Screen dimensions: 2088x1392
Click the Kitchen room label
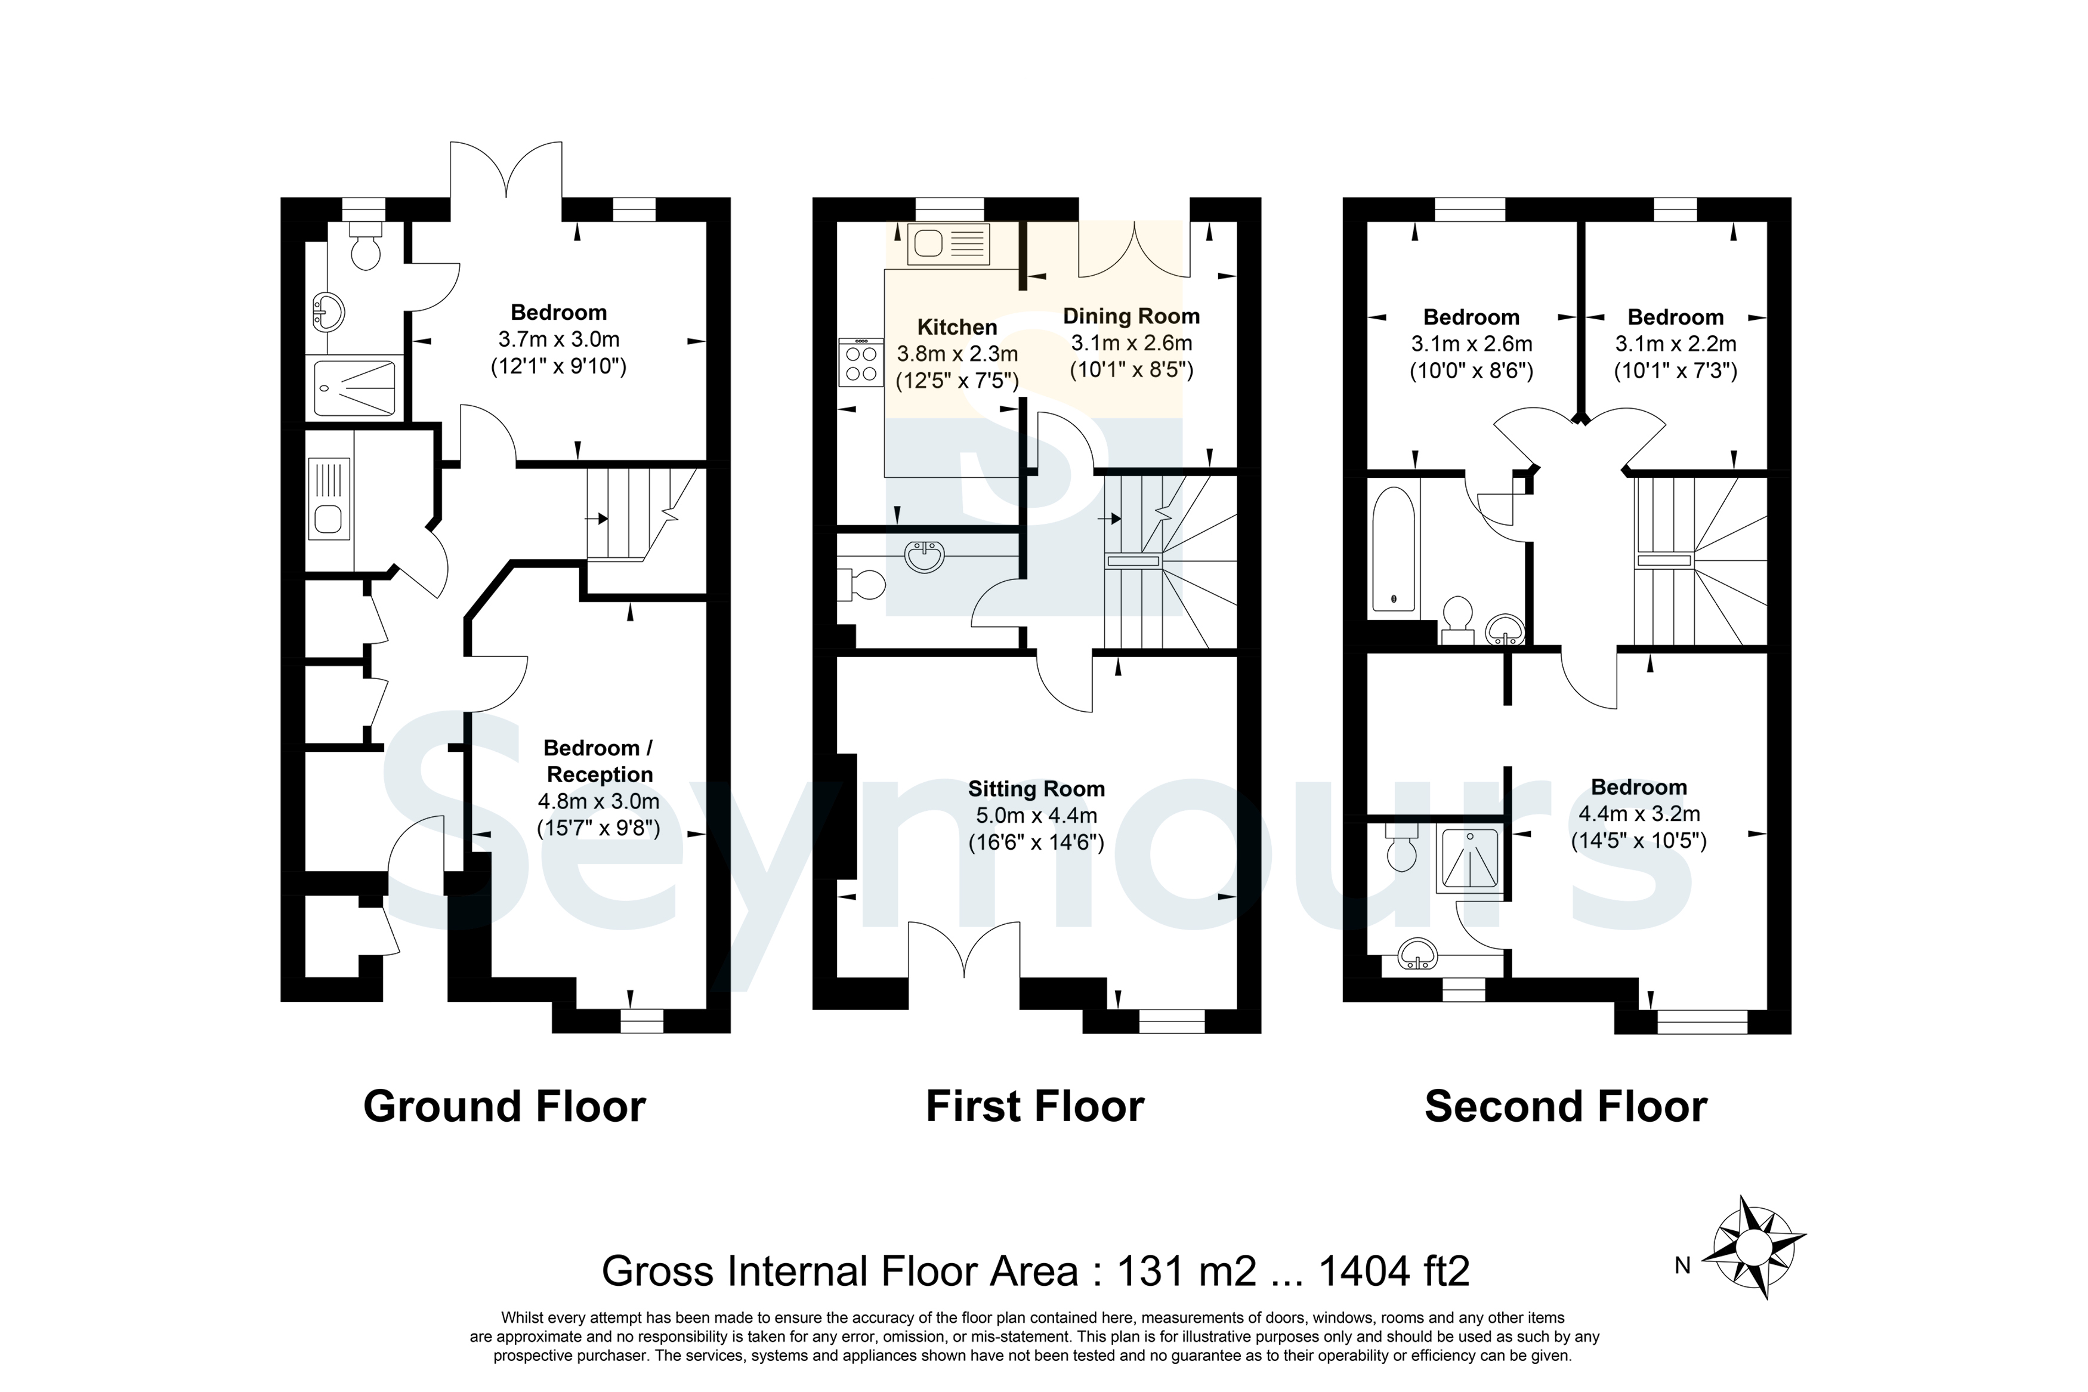click(956, 327)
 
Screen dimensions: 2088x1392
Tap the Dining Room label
click(1132, 316)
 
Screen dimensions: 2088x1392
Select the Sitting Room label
click(1036, 788)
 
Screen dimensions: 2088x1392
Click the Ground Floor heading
click(504, 1107)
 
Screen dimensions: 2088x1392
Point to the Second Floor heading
click(1566, 1107)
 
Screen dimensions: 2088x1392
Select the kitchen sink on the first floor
click(949, 244)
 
